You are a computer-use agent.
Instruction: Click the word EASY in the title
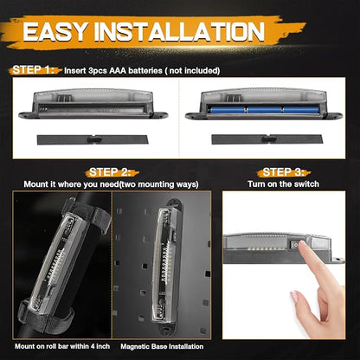pos(55,31)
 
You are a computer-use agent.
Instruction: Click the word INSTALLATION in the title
pos(179,31)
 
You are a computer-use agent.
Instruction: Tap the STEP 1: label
pos(33,70)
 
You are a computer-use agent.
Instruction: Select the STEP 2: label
pos(110,172)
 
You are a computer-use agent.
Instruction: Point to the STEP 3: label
pos(284,172)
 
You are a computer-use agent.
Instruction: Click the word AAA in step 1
pos(118,71)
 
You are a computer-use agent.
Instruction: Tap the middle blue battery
pos(265,110)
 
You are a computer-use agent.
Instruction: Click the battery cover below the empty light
pos(93,139)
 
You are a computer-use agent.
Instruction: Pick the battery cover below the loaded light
pos(267,139)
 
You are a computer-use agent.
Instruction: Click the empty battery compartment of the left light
pos(92,108)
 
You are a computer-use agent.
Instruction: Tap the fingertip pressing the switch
pos(302,244)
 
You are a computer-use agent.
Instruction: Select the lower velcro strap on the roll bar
pos(46,318)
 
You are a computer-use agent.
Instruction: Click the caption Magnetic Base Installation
pos(162,346)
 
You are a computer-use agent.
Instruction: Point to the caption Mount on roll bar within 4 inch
pos(62,346)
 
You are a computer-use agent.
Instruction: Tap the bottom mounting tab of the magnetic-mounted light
pos(167,328)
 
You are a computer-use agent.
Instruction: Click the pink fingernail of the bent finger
pos(294,297)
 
